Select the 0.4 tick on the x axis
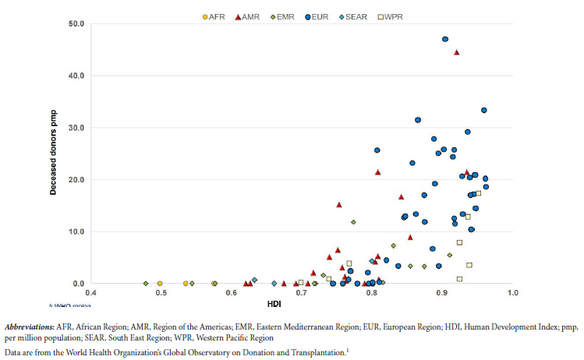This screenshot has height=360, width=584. [90, 293]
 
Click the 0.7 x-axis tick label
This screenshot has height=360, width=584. [302, 293]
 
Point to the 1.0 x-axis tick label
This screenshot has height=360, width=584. [512, 293]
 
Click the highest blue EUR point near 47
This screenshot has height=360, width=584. [445, 39]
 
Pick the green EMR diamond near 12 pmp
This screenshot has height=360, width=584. [353, 222]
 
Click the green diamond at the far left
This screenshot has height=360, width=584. [146, 284]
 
